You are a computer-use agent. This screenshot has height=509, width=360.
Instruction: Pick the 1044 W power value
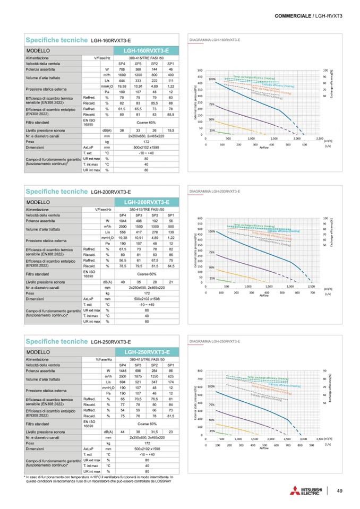click(x=122, y=220)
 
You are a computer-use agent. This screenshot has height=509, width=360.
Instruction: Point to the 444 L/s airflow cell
click(x=122, y=80)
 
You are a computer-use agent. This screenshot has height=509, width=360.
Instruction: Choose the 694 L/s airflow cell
click(x=122, y=382)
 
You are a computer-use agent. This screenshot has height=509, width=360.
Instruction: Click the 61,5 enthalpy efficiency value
click(x=122, y=109)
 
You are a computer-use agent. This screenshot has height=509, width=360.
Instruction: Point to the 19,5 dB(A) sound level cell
click(x=171, y=130)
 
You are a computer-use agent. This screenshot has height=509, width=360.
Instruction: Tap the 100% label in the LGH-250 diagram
click(x=212, y=386)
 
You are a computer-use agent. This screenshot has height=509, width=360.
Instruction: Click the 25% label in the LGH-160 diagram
click(x=212, y=130)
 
